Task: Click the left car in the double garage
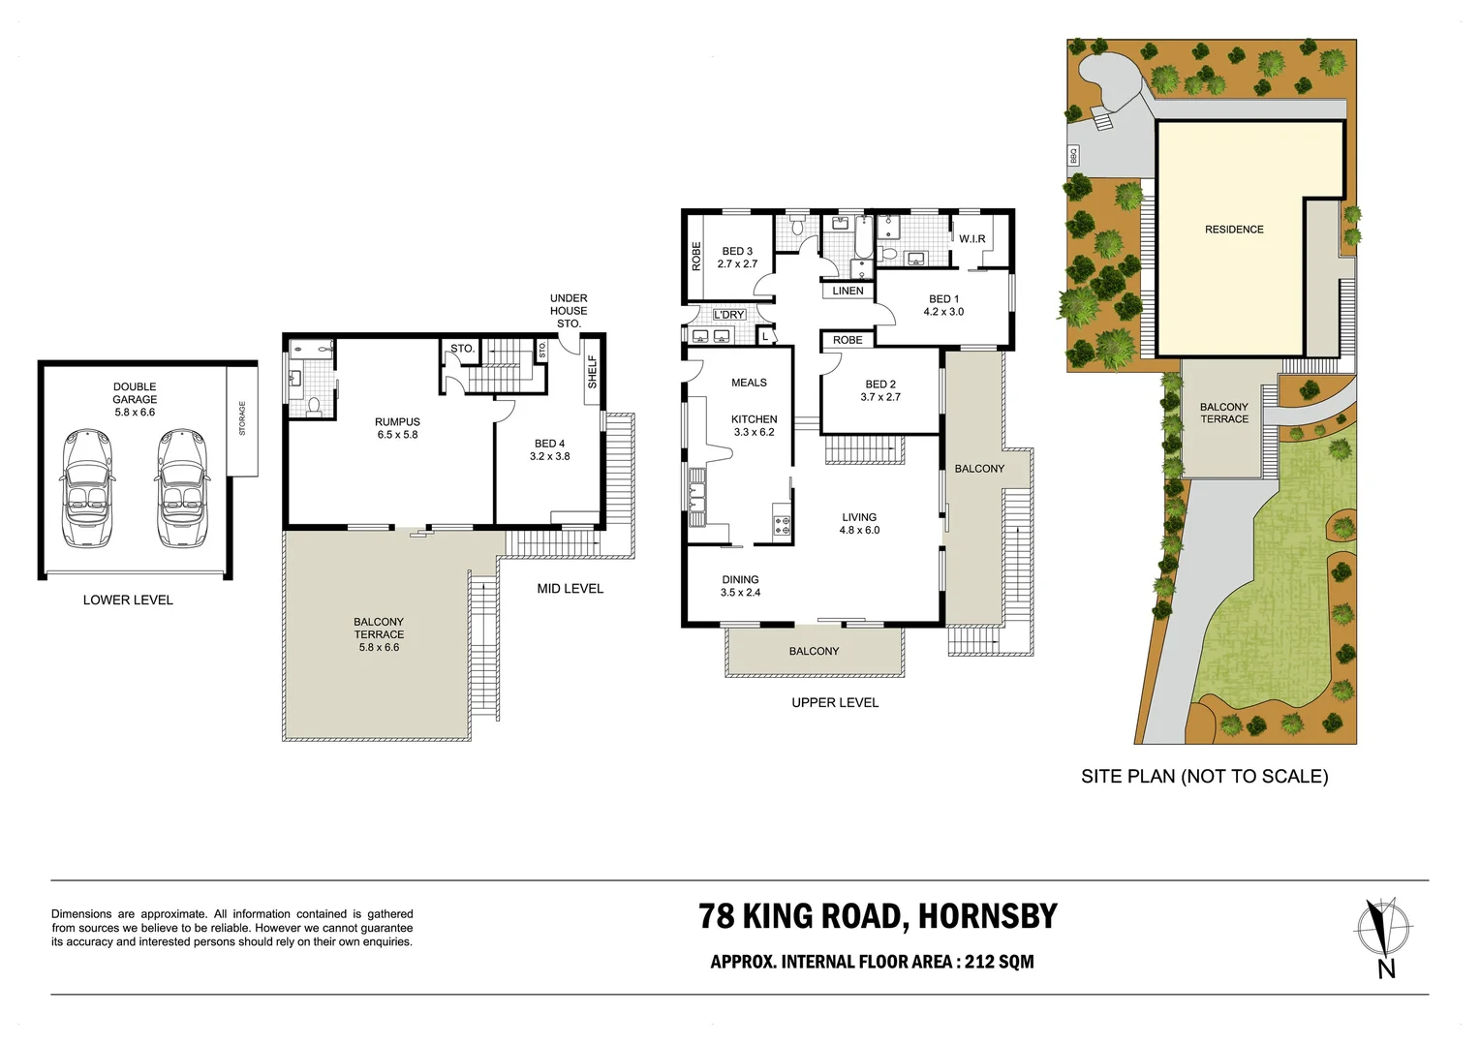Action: (87, 489)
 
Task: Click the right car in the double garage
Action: (182, 489)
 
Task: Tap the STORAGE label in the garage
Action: (242, 418)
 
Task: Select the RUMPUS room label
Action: (397, 428)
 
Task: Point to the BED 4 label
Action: (549, 449)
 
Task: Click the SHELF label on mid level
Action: (592, 372)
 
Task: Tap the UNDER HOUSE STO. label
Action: (569, 311)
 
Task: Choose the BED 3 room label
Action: (737, 258)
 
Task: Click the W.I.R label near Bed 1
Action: (971, 239)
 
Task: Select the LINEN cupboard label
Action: (848, 291)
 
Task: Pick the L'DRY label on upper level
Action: (728, 315)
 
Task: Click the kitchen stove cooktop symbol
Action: (781, 527)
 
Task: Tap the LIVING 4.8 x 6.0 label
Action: (859, 524)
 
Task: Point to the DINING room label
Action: (740, 586)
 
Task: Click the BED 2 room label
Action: (880, 390)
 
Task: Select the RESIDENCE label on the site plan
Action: (1234, 230)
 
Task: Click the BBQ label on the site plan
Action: (1073, 154)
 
